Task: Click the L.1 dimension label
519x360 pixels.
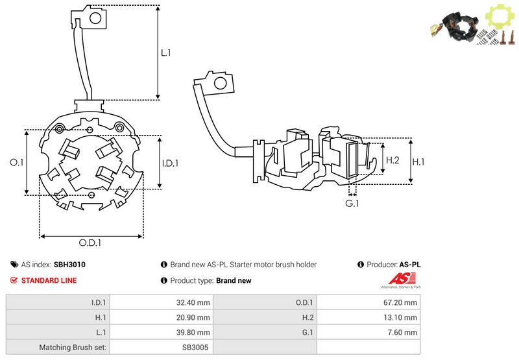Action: (x=165, y=52)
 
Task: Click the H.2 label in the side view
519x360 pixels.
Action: (x=392, y=160)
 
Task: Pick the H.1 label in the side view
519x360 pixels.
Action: (x=419, y=162)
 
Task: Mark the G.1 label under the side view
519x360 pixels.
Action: (x=352, y=204)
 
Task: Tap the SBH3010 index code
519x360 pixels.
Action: (x=69, y=265)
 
